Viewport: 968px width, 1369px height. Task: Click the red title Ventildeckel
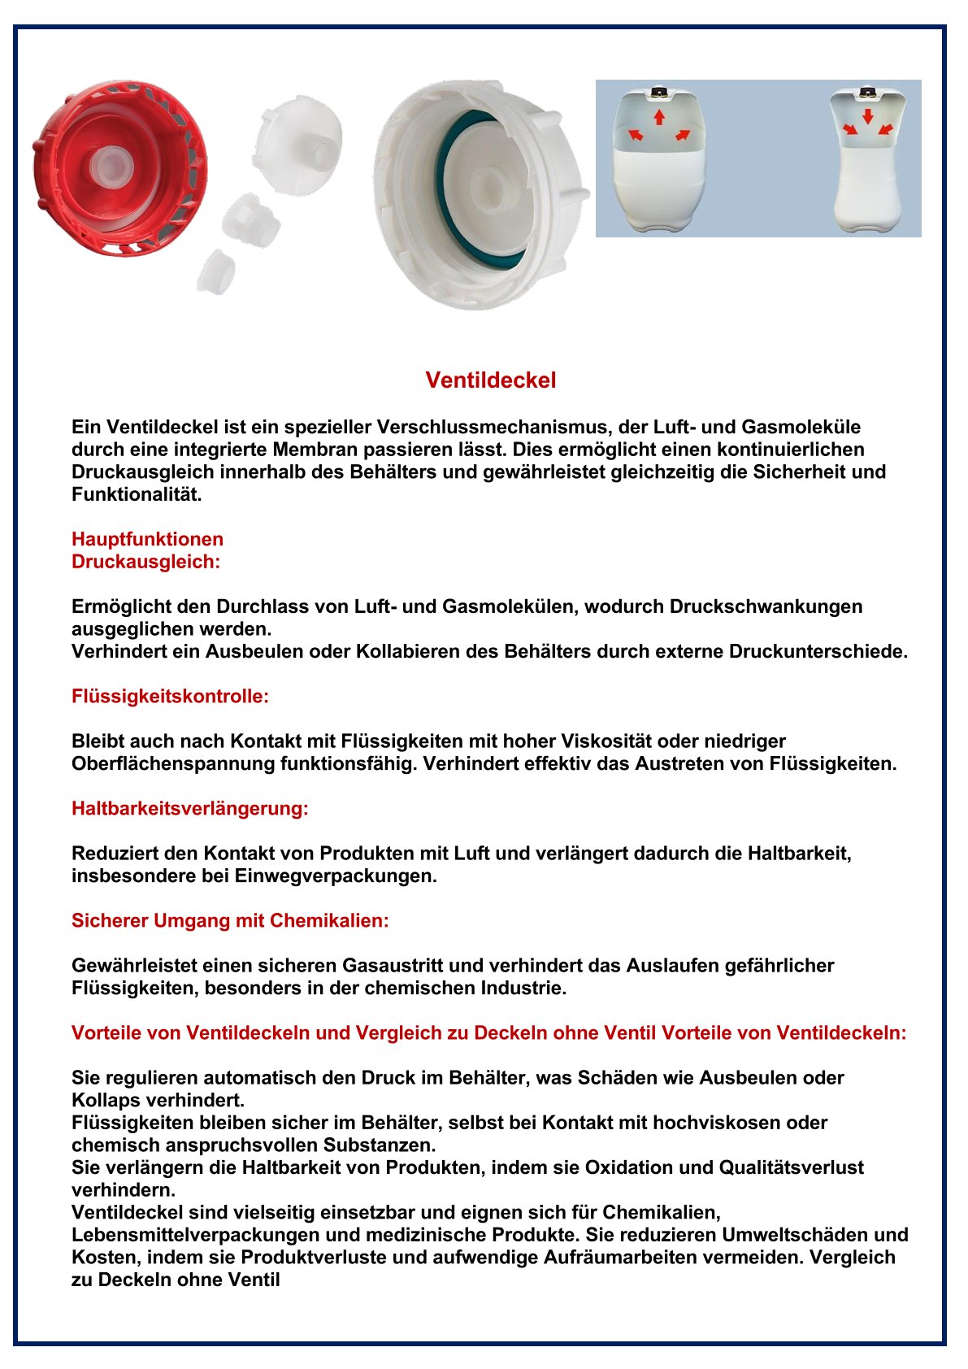pyautogui.click(x=491, y=380)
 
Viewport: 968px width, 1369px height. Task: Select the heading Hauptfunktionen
pyautogui.click(x=147, y=539)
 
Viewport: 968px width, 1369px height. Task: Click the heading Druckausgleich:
pyautogui.click(x=145, y=562)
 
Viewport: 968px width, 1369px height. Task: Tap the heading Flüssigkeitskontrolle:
pyautogui.click(x=170, y=697)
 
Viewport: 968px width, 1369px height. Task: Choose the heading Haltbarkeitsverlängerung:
pyautogui.click(x=190, y=809)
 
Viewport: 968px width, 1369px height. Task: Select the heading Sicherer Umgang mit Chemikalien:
pyautogui.click(x=230, y=921)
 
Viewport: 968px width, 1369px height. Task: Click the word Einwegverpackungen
pyautogui.click(x=336, y=876)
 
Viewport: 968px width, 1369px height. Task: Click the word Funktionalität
pyautogui.click(x=136, y=495)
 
